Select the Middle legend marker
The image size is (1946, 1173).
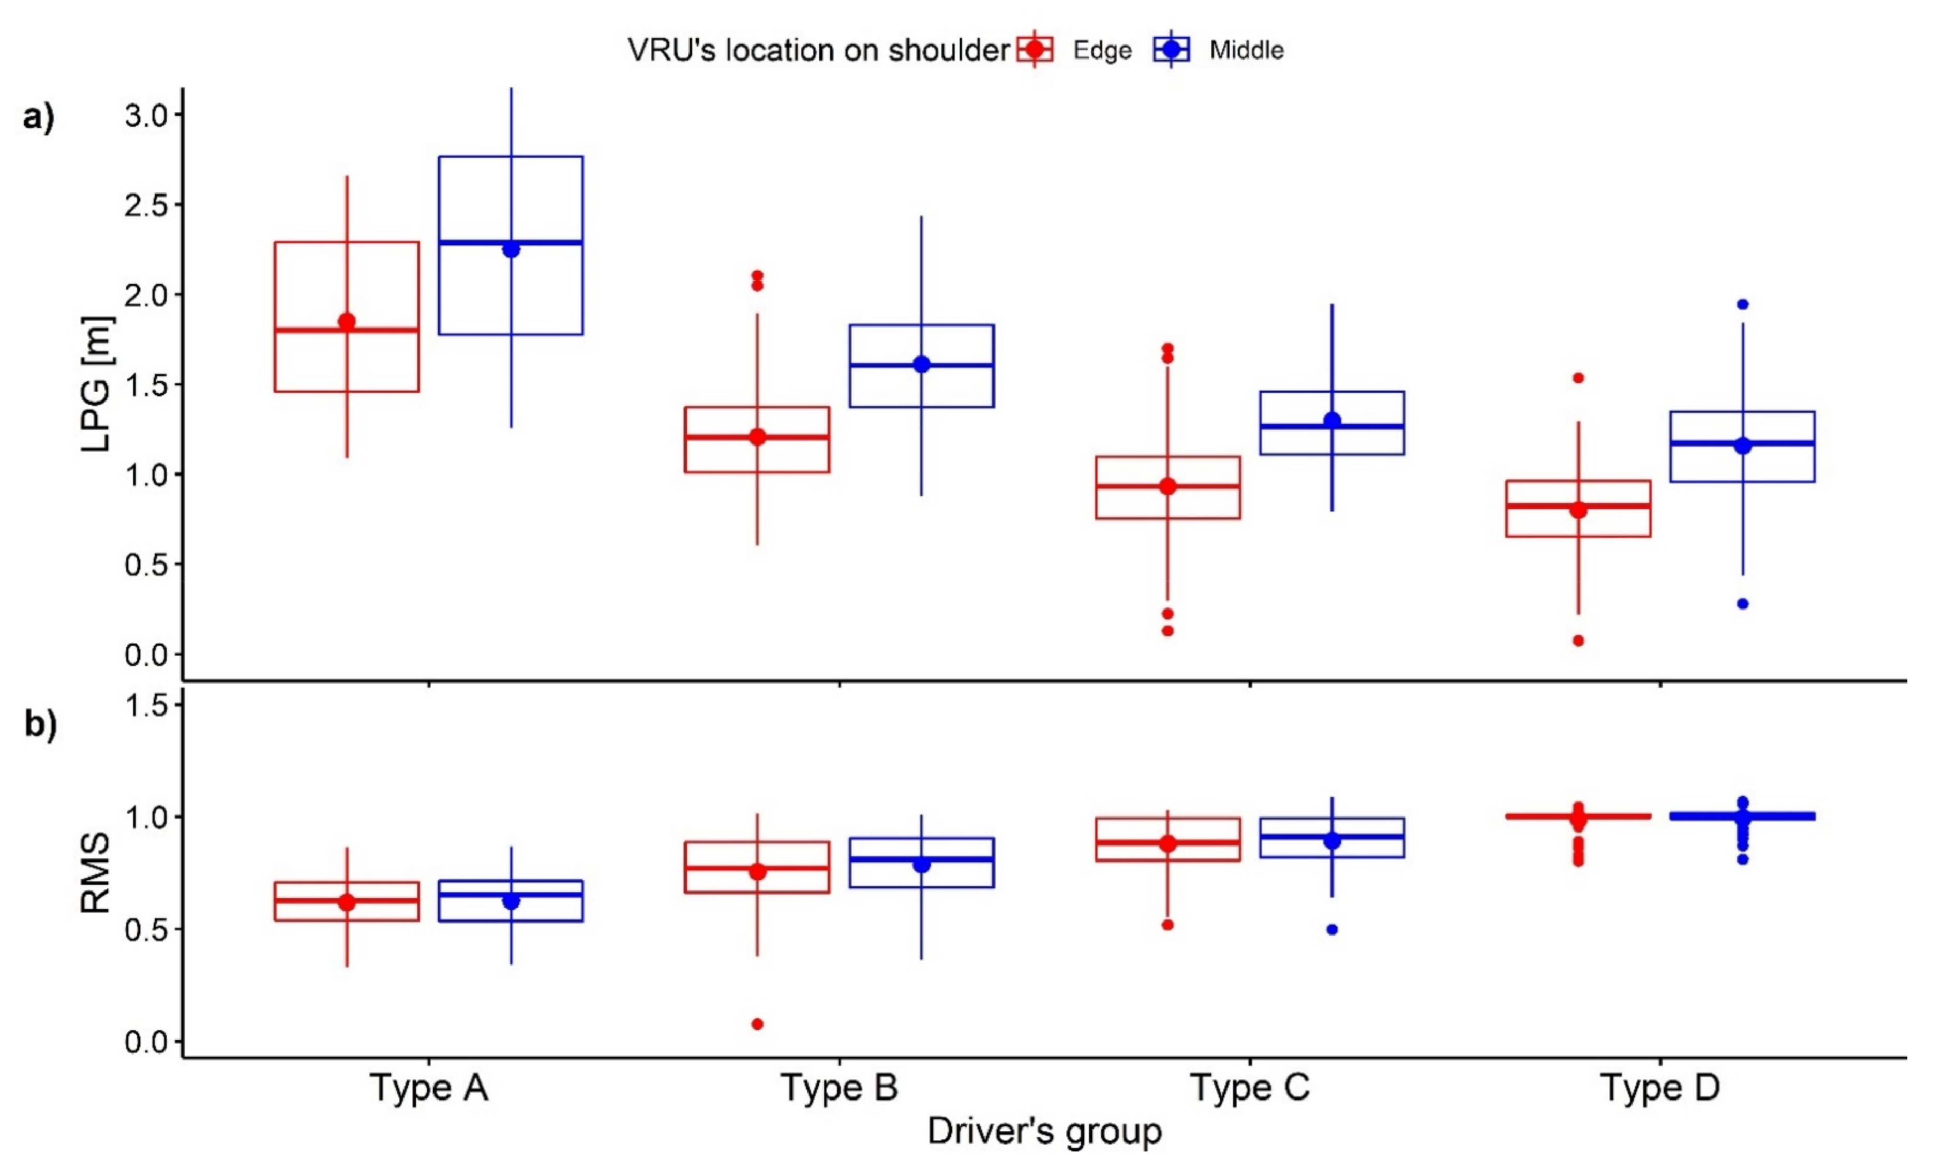point(1172,50)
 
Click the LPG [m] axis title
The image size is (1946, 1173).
point(97,384)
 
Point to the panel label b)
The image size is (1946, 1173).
point(39,724)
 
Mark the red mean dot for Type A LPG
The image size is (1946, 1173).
point(347,321)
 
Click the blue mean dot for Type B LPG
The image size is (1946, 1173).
point(922,364)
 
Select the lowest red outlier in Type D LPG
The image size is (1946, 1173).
point(1578,641)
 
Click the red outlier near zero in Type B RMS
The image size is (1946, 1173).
point(757,1023)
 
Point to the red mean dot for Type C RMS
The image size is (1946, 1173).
point(1168,843)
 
